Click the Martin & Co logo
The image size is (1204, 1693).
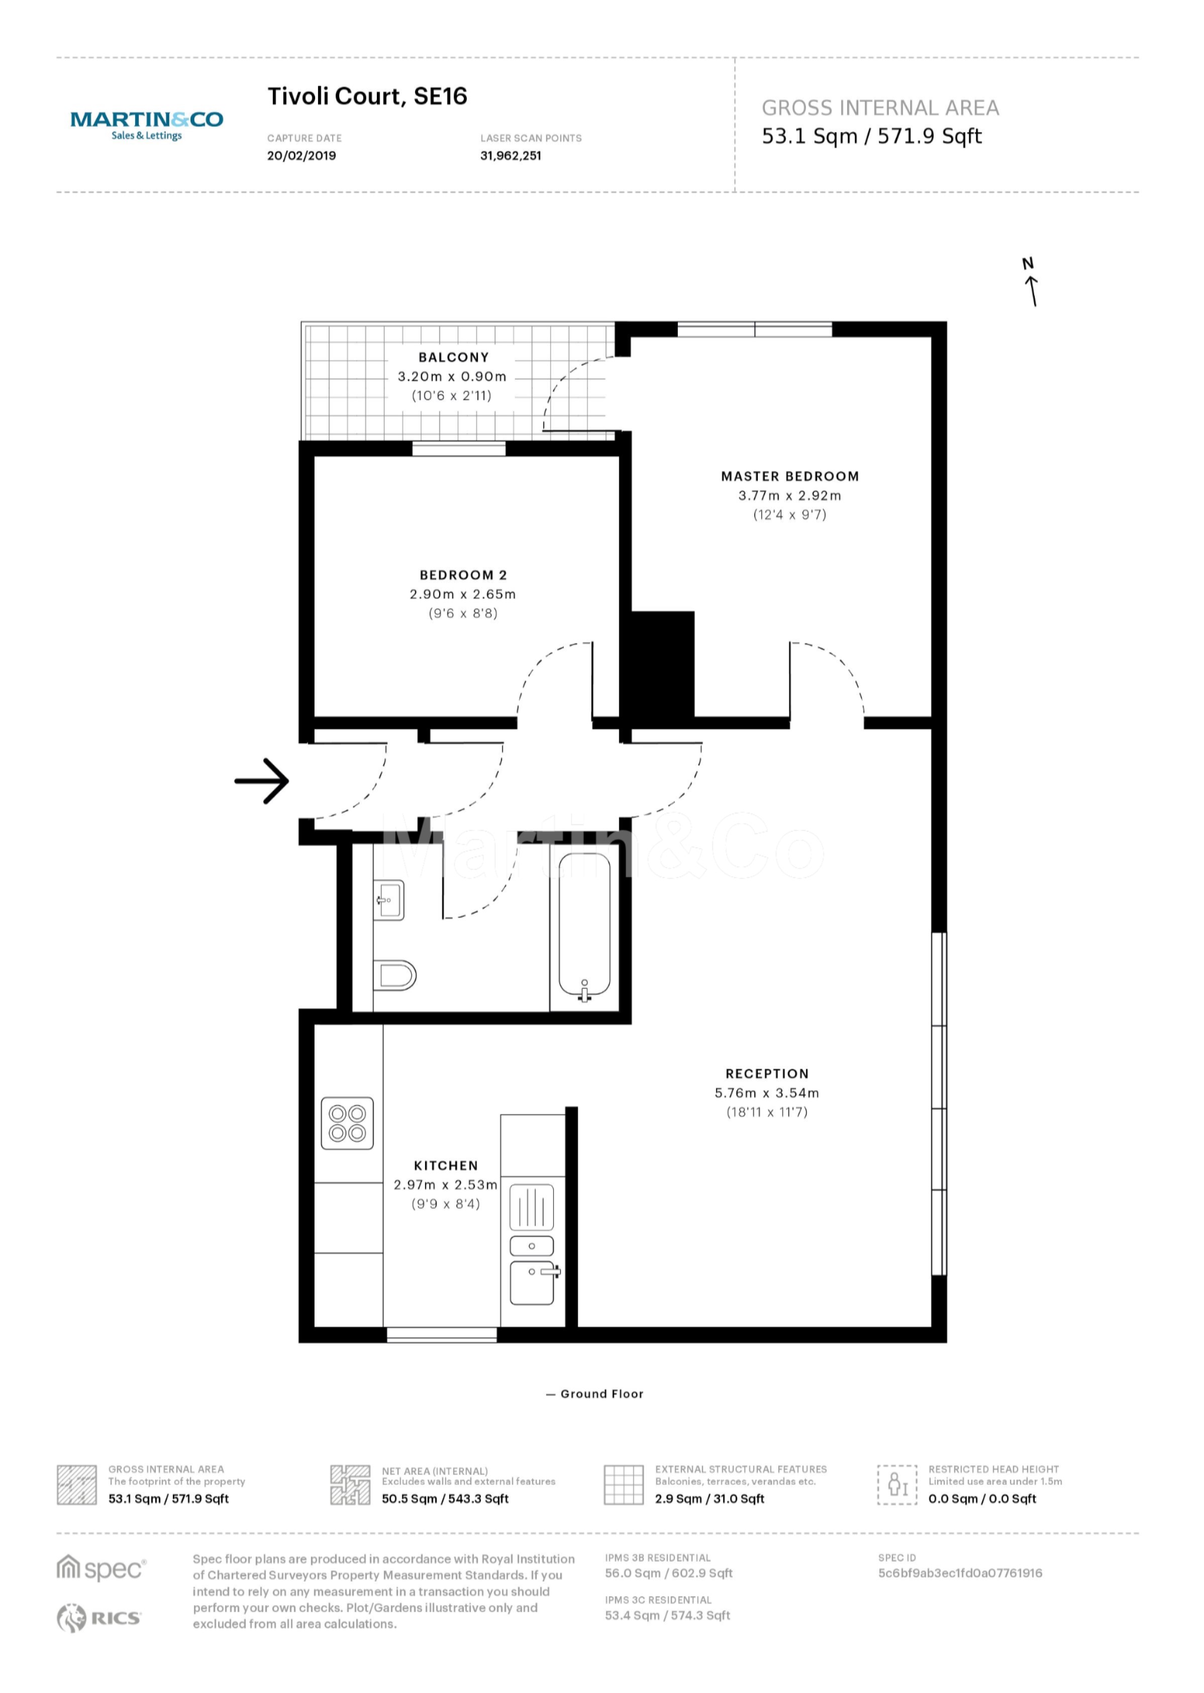pyautogui.click(x=147, y=125)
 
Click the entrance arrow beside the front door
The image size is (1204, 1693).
pyautogui.click(x=262, y=781)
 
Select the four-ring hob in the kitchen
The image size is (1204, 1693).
pyautogui.click(x=347, y=1123)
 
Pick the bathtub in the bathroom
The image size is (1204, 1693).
pyautogui.click(x=584, y=927)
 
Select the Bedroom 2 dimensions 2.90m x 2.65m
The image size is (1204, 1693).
pyautogui.click(x=463, y=594)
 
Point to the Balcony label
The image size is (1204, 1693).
pyautogui.click(x=454, y=357)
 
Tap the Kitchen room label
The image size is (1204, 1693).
pyautogui.click(x=446, y=1166)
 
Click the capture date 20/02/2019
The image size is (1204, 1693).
pyautogui.click(x=301, y=156)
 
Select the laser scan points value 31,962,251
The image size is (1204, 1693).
pyautogui.click(x=511, y=156)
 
